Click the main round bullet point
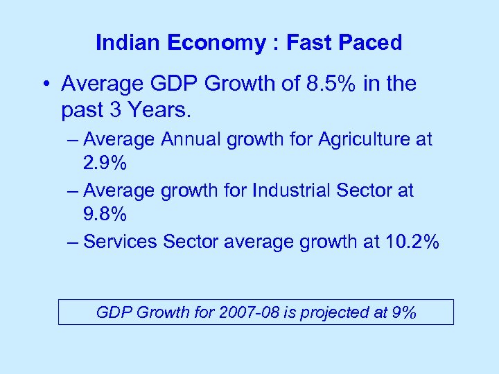[45, 84]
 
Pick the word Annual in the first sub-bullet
[189, 140]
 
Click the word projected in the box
[335, 312]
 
